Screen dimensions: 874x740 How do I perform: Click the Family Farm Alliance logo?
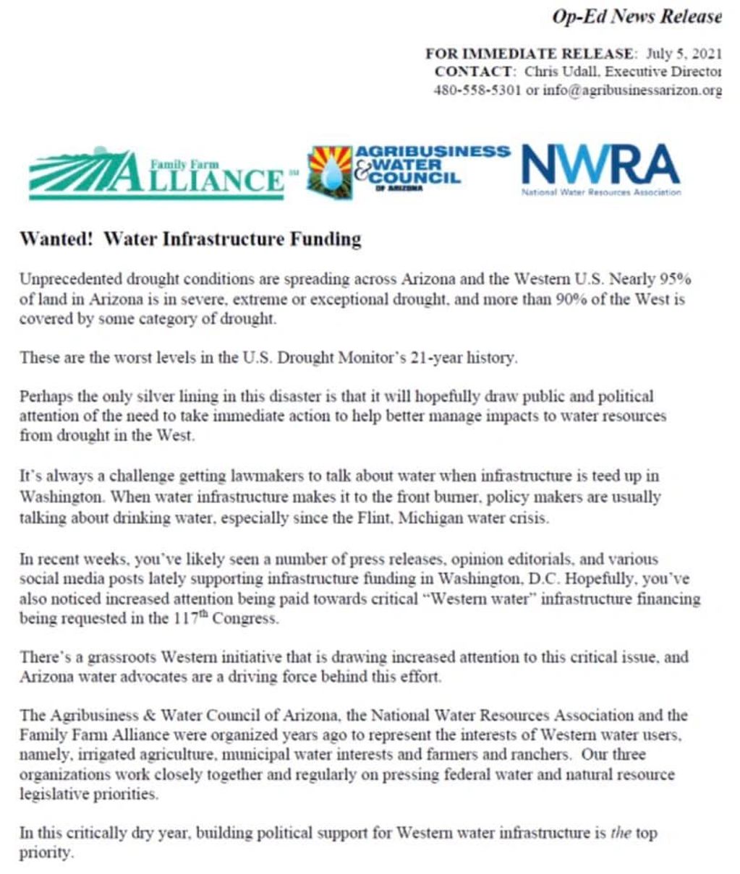click(x=156, y=173)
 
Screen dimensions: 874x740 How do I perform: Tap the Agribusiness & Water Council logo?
click(x=409, y=171)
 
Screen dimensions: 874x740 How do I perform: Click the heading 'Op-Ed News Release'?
click(x=637, y=17)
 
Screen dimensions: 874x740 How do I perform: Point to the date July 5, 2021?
click(x=683, y=54)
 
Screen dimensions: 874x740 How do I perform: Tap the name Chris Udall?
click(x=561, y=72)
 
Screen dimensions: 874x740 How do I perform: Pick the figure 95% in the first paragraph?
click(x=676, y=279)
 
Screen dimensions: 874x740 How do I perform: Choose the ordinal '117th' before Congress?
click(x=190, y=619)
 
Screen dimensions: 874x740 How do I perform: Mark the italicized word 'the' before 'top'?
click(x=621, y=834)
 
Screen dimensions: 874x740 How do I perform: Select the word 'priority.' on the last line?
click(x=46, y=853)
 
